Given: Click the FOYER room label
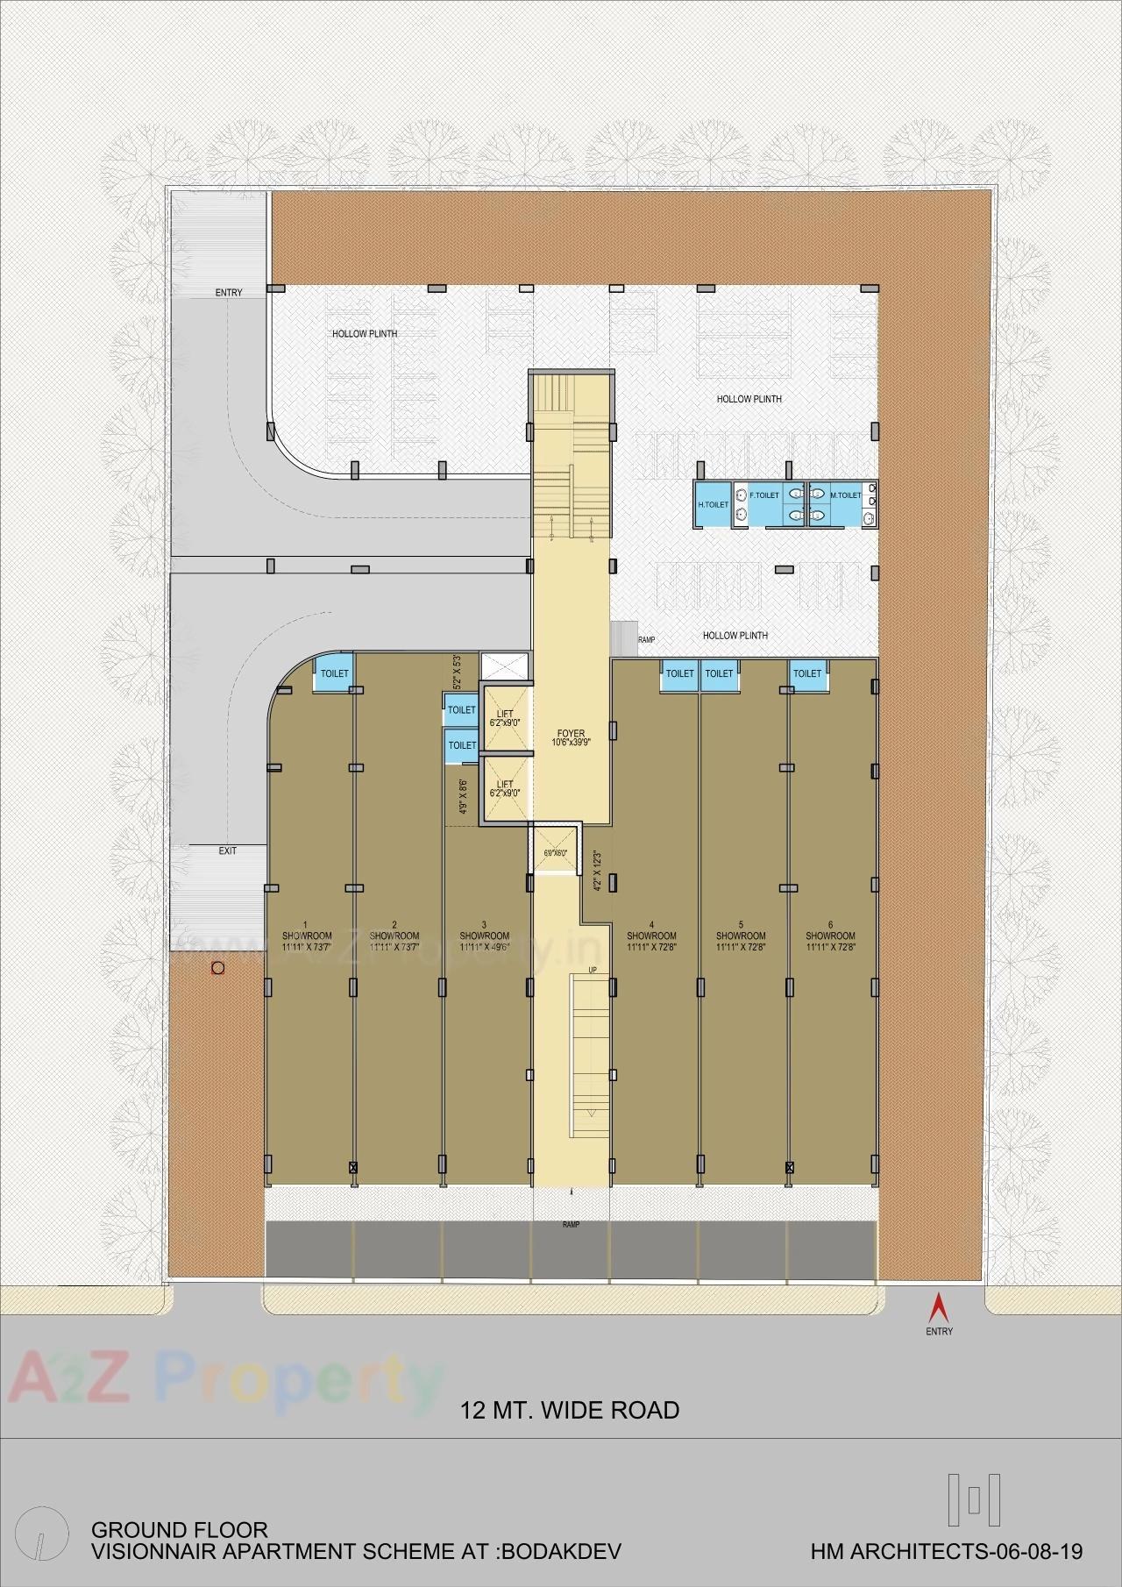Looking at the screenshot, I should [571, 737].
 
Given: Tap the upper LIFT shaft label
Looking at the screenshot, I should [505, 718].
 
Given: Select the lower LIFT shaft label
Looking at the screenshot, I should [505, 788].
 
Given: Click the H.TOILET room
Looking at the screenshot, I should [713, 505].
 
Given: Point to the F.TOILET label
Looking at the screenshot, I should [764, 495].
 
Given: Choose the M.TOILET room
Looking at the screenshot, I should [845, 495].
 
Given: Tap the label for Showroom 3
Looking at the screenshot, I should [484, 936].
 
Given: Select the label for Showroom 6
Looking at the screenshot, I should [830, 936].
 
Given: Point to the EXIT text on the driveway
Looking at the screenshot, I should [227, 850].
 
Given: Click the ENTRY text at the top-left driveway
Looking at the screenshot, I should [228, 292].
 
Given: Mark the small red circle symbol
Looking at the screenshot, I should [217, 969].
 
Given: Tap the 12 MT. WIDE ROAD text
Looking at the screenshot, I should [570, 1411].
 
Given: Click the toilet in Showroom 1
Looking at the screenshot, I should [334, 673].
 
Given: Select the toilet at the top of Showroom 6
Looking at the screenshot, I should [807, 673].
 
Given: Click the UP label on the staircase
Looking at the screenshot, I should [593, 970].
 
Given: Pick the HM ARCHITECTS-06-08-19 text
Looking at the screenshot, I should [947, 1552].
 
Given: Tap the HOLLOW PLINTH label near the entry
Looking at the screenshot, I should [364, 334].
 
